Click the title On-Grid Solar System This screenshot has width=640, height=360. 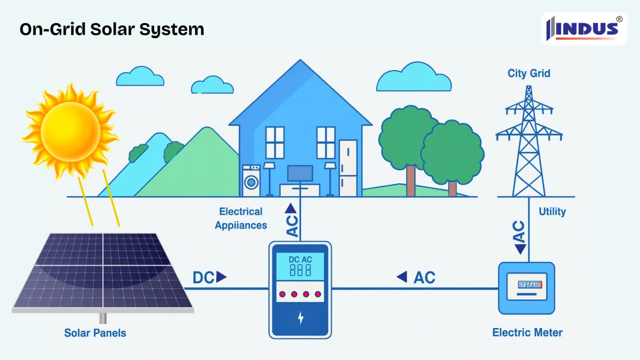click(x=112, y=29)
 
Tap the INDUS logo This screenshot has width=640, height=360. click(x=584, y=29)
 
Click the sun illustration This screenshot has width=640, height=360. click(x=70, y=130)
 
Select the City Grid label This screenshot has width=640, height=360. click(x=529, y=73)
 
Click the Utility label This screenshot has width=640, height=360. click(x=552, y=212)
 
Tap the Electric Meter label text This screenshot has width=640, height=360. click(x=527, y=332)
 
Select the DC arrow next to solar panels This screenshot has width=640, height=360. click(x=210, y=278)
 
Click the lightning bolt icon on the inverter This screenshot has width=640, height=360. click(x=301, y=318)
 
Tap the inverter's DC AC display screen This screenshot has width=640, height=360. click(x=300, y=266)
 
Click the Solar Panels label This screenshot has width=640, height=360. click(x=95, y=333)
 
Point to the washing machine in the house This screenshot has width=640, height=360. click(x=251, y=181)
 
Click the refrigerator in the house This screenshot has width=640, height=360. click(x=348, y=168)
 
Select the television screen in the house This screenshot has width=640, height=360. click(x=300, y=173)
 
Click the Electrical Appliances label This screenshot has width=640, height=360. click(x=241, y=219)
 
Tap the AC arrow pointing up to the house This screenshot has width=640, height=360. click(x=291, y=220)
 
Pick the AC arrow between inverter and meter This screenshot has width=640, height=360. click(x=416, y=278)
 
